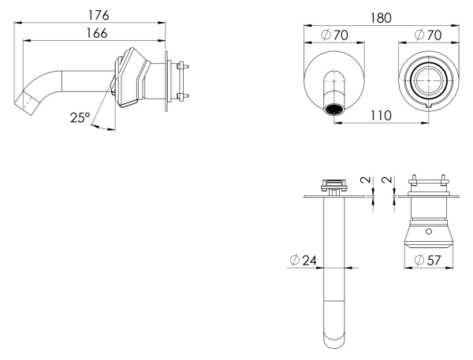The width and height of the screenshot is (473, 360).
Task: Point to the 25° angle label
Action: (80, 117)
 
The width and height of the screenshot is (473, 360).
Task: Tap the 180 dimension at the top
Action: (384, 17)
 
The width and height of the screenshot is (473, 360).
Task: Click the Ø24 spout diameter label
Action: (304, 260)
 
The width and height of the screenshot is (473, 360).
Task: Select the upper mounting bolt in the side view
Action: (184, 65)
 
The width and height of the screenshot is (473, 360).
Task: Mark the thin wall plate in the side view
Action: (167, 80)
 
